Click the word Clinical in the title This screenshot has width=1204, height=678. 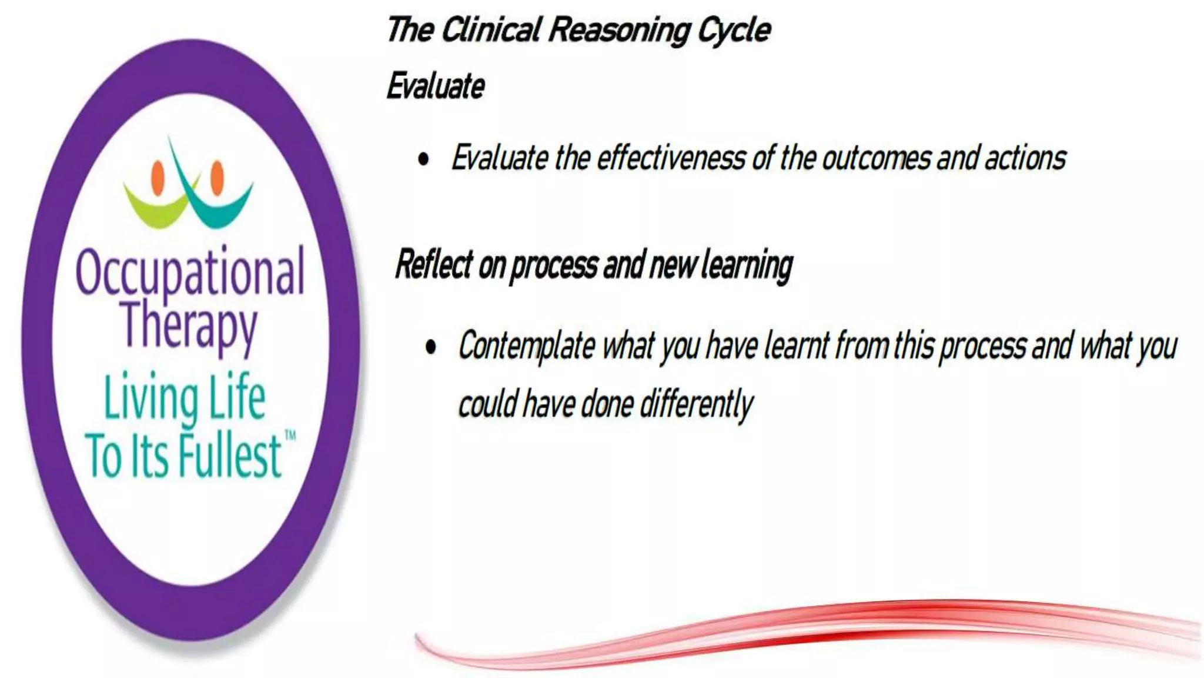(x=490, y=30)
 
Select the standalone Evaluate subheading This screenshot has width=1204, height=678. (x=436, y=87)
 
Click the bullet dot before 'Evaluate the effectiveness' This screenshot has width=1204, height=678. (x=423, y=159)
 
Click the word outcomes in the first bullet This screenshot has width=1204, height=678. (x=875, y=158)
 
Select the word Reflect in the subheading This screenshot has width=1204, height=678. (x=434, y=264)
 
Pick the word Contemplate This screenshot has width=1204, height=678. (x=526, y=347)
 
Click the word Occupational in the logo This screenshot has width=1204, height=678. (x=190, y=273)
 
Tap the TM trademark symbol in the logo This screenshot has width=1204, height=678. (x=290, y=436)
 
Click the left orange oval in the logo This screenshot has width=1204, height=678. (x=158, y=177)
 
